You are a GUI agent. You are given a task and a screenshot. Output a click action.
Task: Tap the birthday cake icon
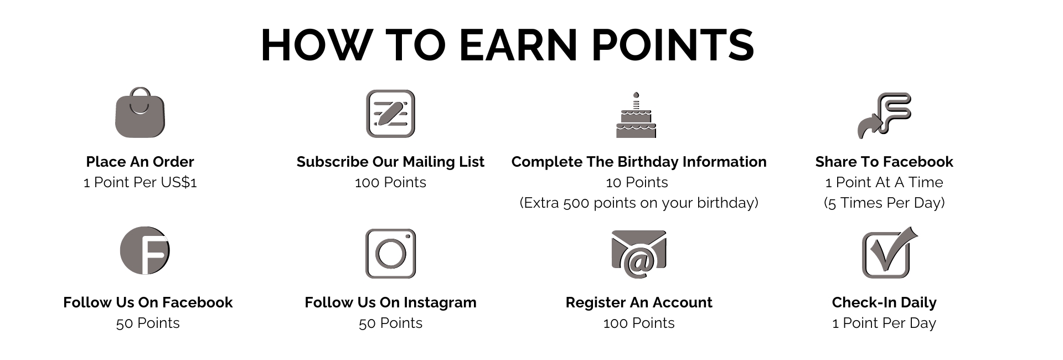[x=636, y=115]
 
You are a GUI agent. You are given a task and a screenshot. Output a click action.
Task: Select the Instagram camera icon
[x=390, y=254]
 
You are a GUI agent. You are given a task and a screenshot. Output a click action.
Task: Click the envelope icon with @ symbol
[x=639, y=254]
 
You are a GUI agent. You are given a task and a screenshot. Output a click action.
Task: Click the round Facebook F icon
[x=145, y=250]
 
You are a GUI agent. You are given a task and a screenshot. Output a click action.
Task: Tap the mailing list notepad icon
[x=390, y=114]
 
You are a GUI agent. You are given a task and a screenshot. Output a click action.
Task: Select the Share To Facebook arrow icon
[x=884, y=115]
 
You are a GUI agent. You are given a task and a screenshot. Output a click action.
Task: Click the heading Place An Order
[x=140, y=162]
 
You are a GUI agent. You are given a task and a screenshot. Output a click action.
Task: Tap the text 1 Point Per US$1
[x=140, y=182]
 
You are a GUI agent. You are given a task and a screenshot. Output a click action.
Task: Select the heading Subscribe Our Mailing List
[x=390, y=162]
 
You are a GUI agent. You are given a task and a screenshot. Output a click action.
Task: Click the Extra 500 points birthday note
[x=639, y=203]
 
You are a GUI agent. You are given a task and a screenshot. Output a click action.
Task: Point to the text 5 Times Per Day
[x=884, y=203]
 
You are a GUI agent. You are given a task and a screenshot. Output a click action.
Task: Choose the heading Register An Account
[x=639, y=302]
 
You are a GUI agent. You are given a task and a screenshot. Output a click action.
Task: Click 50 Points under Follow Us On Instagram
[x=390, y=323]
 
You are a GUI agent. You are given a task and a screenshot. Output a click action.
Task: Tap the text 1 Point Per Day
[x=884, y=323]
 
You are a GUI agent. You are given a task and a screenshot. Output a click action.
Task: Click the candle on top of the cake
[x=636, y=100]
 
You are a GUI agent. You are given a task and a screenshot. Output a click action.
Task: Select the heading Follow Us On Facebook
[x=148, y=302]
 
